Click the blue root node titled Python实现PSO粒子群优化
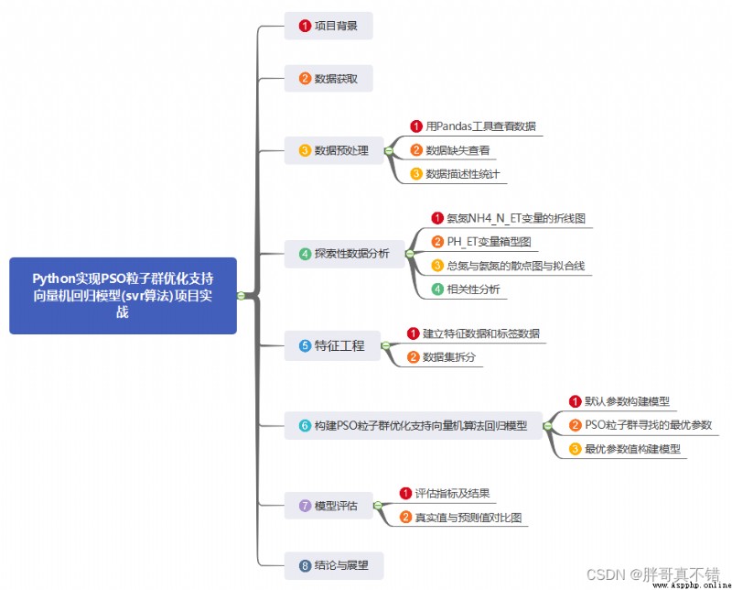123,296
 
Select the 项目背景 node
328,26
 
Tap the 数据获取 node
328,79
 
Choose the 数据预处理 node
334,150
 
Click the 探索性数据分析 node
345,254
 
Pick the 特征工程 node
332,346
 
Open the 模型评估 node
328,506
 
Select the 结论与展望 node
334,565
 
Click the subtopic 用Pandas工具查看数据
473,126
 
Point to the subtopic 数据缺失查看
450,150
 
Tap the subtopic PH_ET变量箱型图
481,242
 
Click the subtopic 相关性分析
466,290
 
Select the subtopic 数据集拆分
441,357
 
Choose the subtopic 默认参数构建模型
619,401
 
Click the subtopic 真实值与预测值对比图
460,518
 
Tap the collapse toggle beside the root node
241,296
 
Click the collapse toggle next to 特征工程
385,346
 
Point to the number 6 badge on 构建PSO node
305,426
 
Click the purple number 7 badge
305,506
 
